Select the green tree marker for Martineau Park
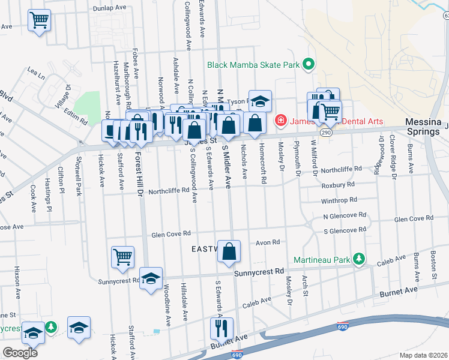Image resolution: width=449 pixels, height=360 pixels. tap(359, 259)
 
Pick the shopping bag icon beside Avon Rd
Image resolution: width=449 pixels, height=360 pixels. tap(229, 251)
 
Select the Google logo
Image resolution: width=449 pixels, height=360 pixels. tap(20, 352)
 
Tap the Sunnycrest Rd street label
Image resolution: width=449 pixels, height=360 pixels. tap(259, 272)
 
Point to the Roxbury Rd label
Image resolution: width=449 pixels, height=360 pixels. tap(337, 185)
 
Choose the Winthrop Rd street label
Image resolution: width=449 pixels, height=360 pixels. tap(339, 200)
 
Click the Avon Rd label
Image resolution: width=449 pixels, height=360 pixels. tap(268, 242)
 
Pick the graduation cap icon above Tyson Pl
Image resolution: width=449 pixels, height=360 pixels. tap(260, 100)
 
